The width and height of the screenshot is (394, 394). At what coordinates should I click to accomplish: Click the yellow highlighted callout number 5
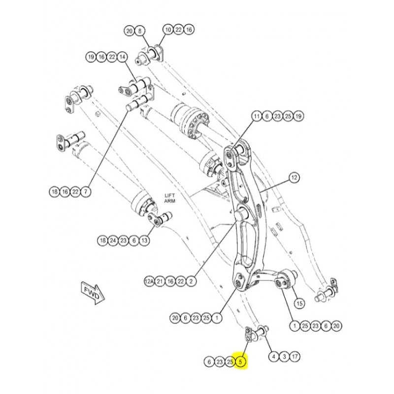[x=240, y=362]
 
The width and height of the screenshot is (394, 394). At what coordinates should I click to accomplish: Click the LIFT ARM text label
[x=169, y=198]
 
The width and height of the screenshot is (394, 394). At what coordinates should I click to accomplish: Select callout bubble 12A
[x=149, y=281]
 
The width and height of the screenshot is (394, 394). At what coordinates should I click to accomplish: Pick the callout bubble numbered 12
[x=294, y=177]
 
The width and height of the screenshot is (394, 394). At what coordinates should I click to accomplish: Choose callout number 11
[x=256, y=117]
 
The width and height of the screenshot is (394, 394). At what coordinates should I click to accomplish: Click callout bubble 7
[x=86, y=191]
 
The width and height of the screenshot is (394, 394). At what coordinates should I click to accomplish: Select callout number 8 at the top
[x=139, y=31]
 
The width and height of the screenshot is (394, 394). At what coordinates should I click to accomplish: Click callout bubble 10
[x=167, y=30]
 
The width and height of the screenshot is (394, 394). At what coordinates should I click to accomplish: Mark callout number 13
[x=144, y=240]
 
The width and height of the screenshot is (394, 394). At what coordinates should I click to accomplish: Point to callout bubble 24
[x=113, y=240]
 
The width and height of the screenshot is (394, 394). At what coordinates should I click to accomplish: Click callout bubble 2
[x=191, y=281]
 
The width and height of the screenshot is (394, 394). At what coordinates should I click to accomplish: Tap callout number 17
[x=295, y=356]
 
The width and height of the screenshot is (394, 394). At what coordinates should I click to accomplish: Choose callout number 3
[x=284, y=356]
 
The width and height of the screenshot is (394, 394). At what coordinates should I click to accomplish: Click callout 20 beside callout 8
[x=129, y=31]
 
